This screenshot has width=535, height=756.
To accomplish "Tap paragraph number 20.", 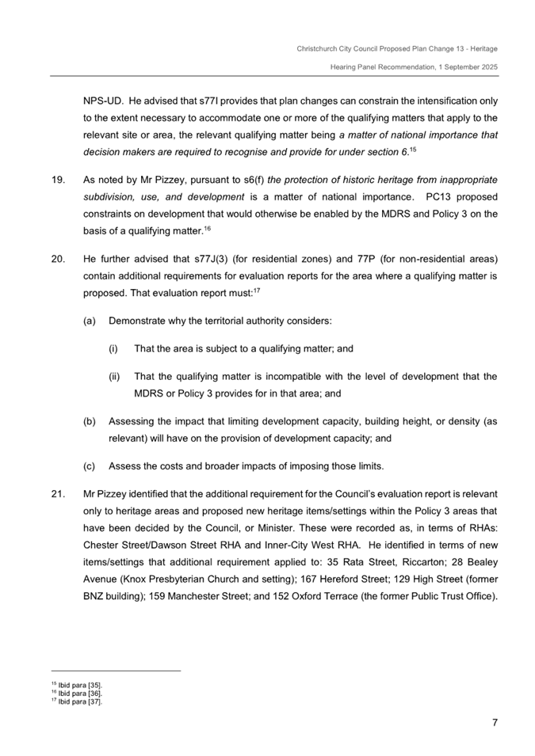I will [x=57, y=260].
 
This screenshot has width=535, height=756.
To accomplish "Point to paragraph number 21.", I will [x=57, y=494].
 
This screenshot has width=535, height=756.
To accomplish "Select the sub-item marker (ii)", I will [x=115, y=377].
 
